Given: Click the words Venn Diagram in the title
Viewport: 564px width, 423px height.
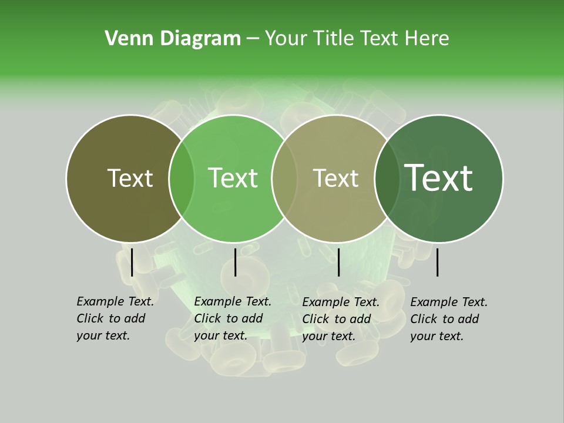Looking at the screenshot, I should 173,39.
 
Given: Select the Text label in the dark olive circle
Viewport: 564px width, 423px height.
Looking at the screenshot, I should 130,178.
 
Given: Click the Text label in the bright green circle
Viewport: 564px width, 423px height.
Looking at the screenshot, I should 233,178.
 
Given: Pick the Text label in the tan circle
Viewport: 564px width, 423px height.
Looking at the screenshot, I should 335,178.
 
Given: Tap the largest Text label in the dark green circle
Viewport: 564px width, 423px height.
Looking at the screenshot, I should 439,178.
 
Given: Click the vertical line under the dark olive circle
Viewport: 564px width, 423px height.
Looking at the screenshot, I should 132,262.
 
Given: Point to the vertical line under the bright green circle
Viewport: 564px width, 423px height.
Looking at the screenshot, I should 235,262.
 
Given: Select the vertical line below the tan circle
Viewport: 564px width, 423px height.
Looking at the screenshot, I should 338,262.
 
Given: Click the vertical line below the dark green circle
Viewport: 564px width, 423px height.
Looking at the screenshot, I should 438,262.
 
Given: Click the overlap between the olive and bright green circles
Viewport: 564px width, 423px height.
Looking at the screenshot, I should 182,178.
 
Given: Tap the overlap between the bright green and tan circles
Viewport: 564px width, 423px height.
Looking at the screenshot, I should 284,178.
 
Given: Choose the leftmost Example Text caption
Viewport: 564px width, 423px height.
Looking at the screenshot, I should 115,318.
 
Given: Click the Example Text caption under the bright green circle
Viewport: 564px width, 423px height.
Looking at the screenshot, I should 232,318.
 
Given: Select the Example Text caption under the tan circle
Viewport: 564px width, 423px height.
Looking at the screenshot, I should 340,319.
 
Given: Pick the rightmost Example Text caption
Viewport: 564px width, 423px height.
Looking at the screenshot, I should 448,319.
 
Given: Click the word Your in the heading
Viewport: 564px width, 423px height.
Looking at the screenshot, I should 287,39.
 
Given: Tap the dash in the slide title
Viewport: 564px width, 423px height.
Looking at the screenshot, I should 253,39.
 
